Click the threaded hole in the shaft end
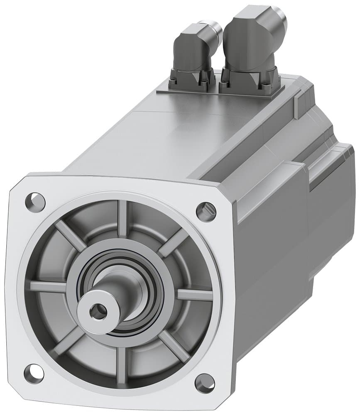coord(98,310)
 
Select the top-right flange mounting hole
coord(206,211)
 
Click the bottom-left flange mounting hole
coord(34,372)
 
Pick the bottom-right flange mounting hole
coord(204,383)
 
